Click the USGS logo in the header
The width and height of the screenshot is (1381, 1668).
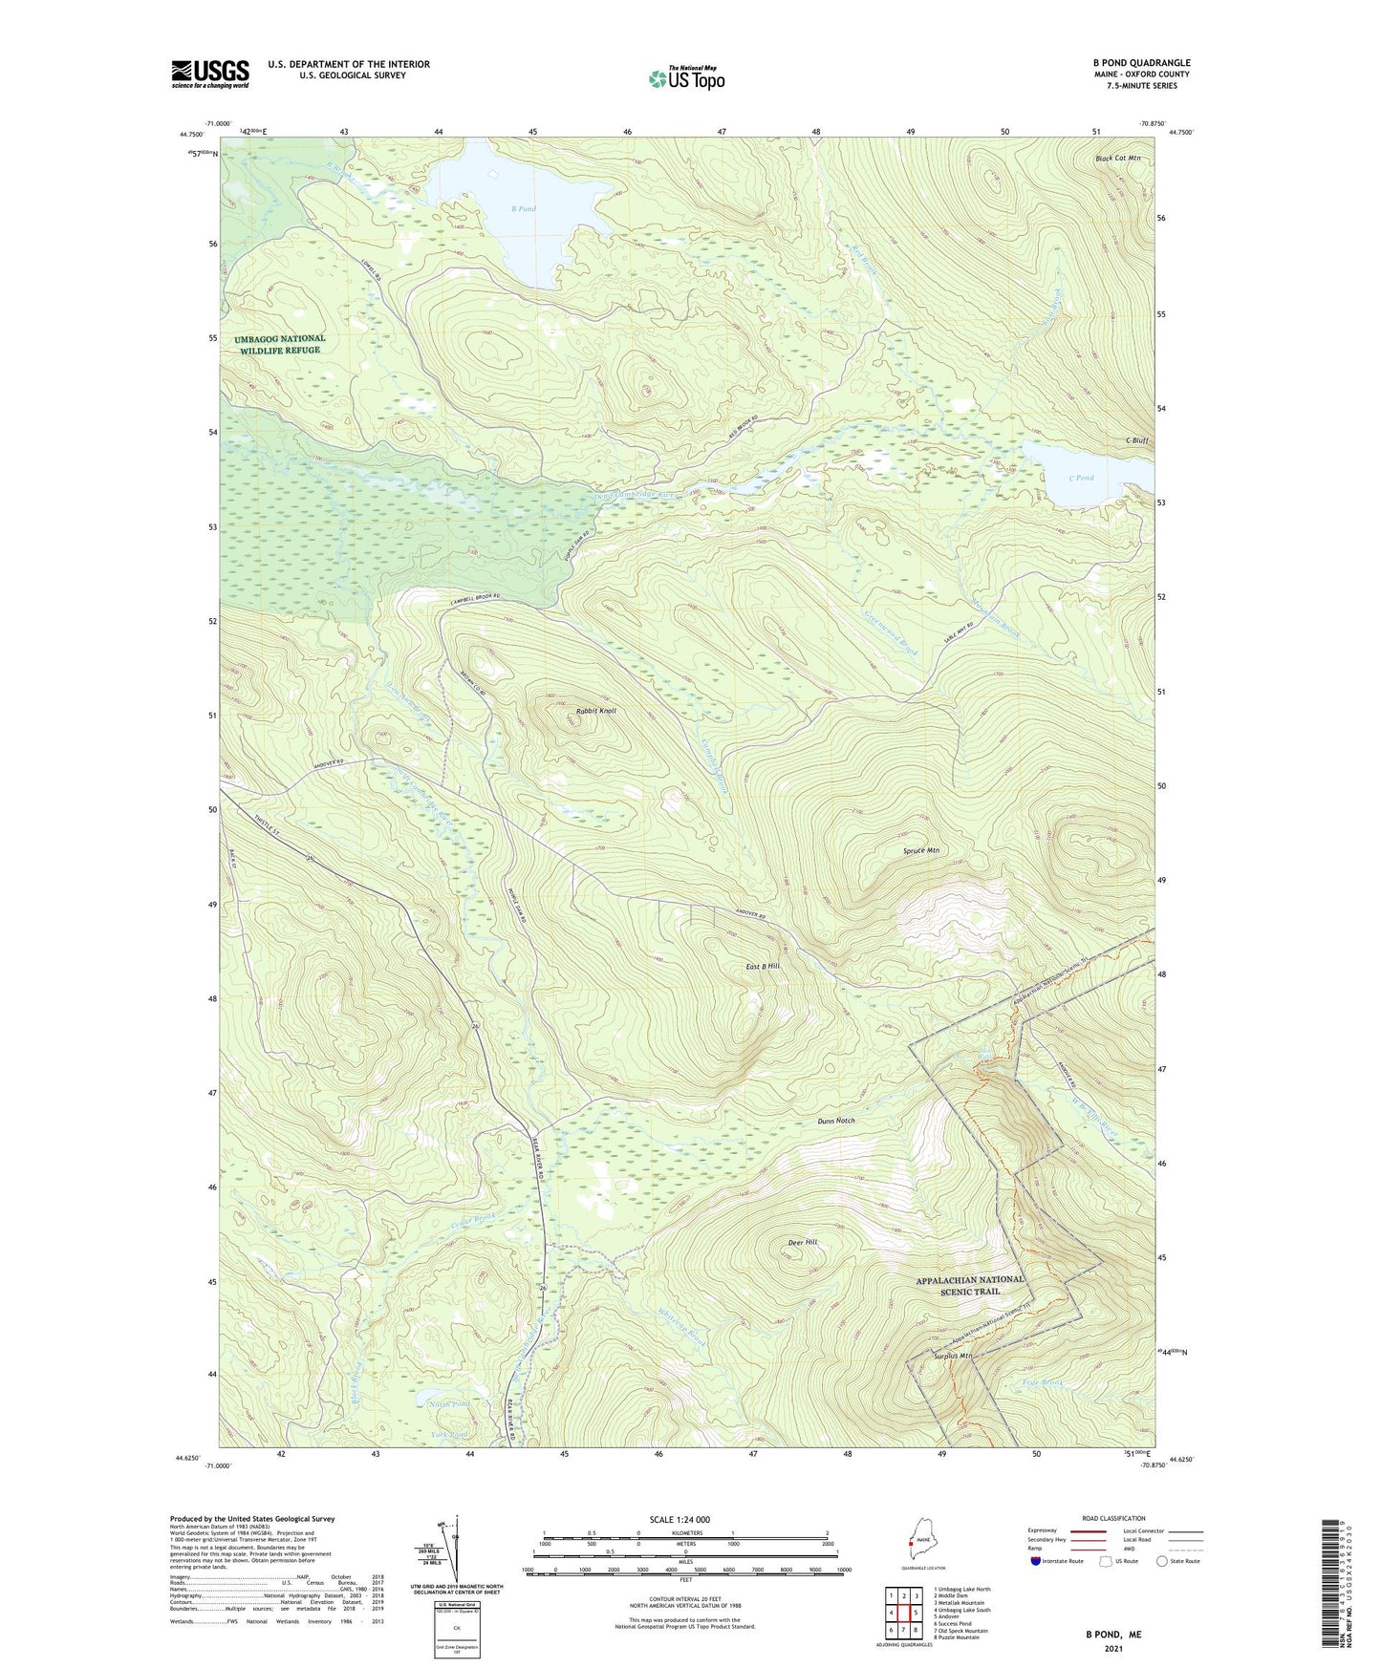pos(210,74)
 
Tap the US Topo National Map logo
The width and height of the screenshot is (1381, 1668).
pos(685,77)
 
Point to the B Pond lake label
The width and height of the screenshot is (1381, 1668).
pos(523,208)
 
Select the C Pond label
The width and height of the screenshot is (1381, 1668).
pos(1081,478)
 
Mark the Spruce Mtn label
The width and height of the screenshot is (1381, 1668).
pos(921,850)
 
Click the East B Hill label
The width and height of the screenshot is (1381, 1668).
pos(763,967)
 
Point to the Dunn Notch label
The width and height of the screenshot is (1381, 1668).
pos(836,1121)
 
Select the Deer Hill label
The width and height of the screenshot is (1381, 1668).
pos(802,1242)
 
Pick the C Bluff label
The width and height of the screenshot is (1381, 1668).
pos(1136,440)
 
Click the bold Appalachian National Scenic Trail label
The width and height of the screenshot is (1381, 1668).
pos(969,1285)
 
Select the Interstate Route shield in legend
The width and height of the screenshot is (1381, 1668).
pos(1035,1562)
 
